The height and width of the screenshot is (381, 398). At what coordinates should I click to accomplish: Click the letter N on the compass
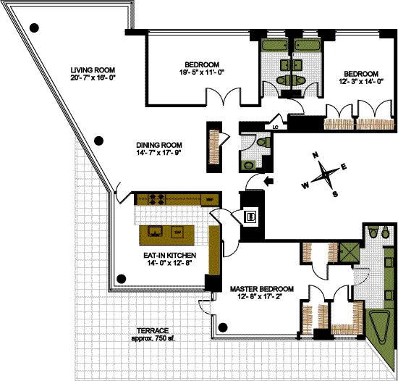tap(316, 155)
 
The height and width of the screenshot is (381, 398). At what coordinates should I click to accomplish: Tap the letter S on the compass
tap(335, 193)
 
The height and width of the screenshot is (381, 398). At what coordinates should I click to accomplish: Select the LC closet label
tap(276, 127)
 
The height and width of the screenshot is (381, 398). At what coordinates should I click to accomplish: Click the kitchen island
tap(166, 233)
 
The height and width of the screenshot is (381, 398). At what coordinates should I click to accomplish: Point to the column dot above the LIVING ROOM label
tap(34, 28)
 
